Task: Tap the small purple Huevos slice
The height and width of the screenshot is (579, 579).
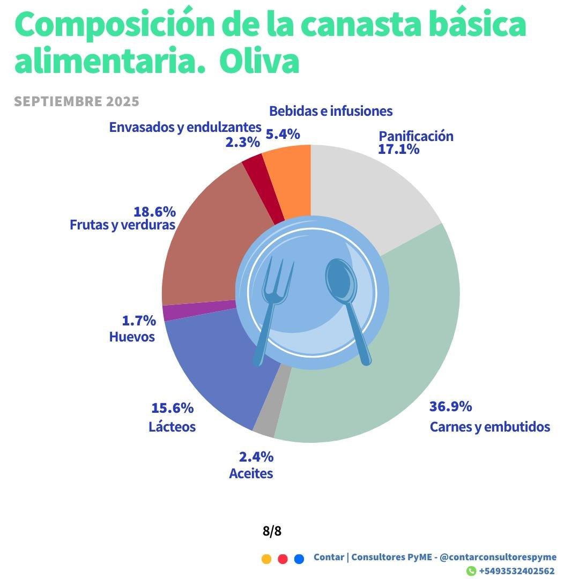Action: click(x=198, y=311)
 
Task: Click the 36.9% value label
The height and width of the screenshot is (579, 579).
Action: click(x=450, y=406)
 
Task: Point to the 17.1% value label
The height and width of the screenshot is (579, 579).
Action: click(x=398, y=149)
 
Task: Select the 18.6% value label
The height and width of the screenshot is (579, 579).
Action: click(x=154, y=211)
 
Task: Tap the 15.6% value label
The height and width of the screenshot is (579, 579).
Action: click(x=172, y=408)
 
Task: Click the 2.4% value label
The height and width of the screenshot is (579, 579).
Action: click(x=256, y=457)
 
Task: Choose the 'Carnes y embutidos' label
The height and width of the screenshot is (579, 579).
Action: click(x=489, y=427)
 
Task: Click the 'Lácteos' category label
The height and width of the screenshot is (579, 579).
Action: click(x=172, y=427)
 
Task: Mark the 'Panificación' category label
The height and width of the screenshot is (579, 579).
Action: click(x=416, y=136)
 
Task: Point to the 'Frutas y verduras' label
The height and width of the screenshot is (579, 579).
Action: click(x=123, y=225)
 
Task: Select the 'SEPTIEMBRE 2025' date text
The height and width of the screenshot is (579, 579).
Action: click(x=77, y=101)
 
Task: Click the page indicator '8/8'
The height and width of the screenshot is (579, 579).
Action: click(x=272, y=531)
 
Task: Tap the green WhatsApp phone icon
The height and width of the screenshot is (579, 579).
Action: click(x=471, y=571)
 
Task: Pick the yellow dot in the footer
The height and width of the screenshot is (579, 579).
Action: click(x=266, y=559)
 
